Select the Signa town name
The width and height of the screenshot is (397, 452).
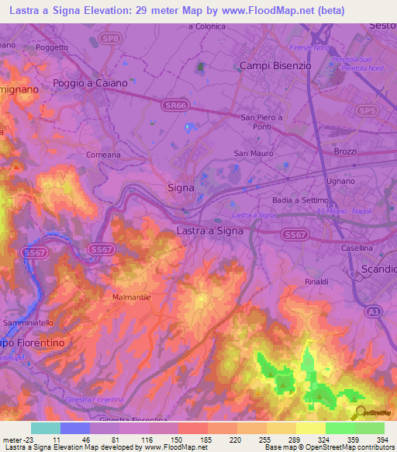point(181,187)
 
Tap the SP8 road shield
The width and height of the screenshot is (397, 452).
point(112,38)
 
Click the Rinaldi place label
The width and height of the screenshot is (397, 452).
point(316,281)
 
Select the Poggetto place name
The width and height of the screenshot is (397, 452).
point(52,47)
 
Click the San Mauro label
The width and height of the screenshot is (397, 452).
point(254,153)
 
